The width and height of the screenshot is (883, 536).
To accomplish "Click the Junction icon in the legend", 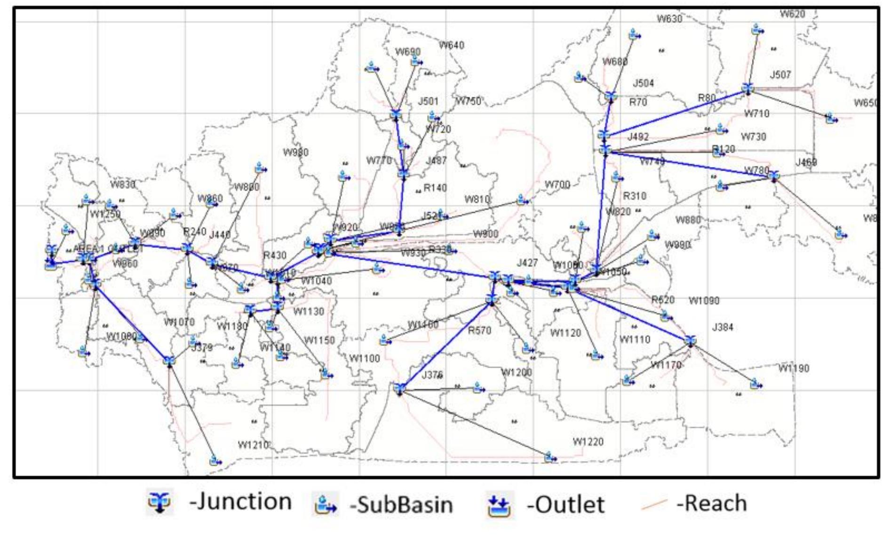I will [159, 503].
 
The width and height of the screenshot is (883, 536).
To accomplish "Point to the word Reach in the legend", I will [712, 503].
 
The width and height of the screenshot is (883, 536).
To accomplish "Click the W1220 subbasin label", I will [588, 441].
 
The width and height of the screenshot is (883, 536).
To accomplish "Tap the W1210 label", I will [253, 445].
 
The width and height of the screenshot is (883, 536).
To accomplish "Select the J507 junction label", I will [780, 75].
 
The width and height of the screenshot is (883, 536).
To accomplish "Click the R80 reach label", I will [706, 98].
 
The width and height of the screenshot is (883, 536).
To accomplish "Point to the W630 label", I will [669, 19].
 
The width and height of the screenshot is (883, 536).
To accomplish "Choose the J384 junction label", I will [722, 327].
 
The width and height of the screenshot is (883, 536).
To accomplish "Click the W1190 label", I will [793, 368].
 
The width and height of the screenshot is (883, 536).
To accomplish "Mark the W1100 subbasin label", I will [364, 359].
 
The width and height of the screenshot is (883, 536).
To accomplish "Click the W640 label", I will [451, 45].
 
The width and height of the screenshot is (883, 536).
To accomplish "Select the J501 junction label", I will [428, 101].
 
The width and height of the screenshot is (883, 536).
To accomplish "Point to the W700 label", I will [557, 184].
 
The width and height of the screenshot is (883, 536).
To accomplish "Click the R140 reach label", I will [435, 188].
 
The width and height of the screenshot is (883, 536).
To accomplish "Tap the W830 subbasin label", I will [122, 184].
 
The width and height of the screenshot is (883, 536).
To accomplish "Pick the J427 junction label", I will [526, 263].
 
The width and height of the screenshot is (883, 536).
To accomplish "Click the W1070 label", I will [179, 322].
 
